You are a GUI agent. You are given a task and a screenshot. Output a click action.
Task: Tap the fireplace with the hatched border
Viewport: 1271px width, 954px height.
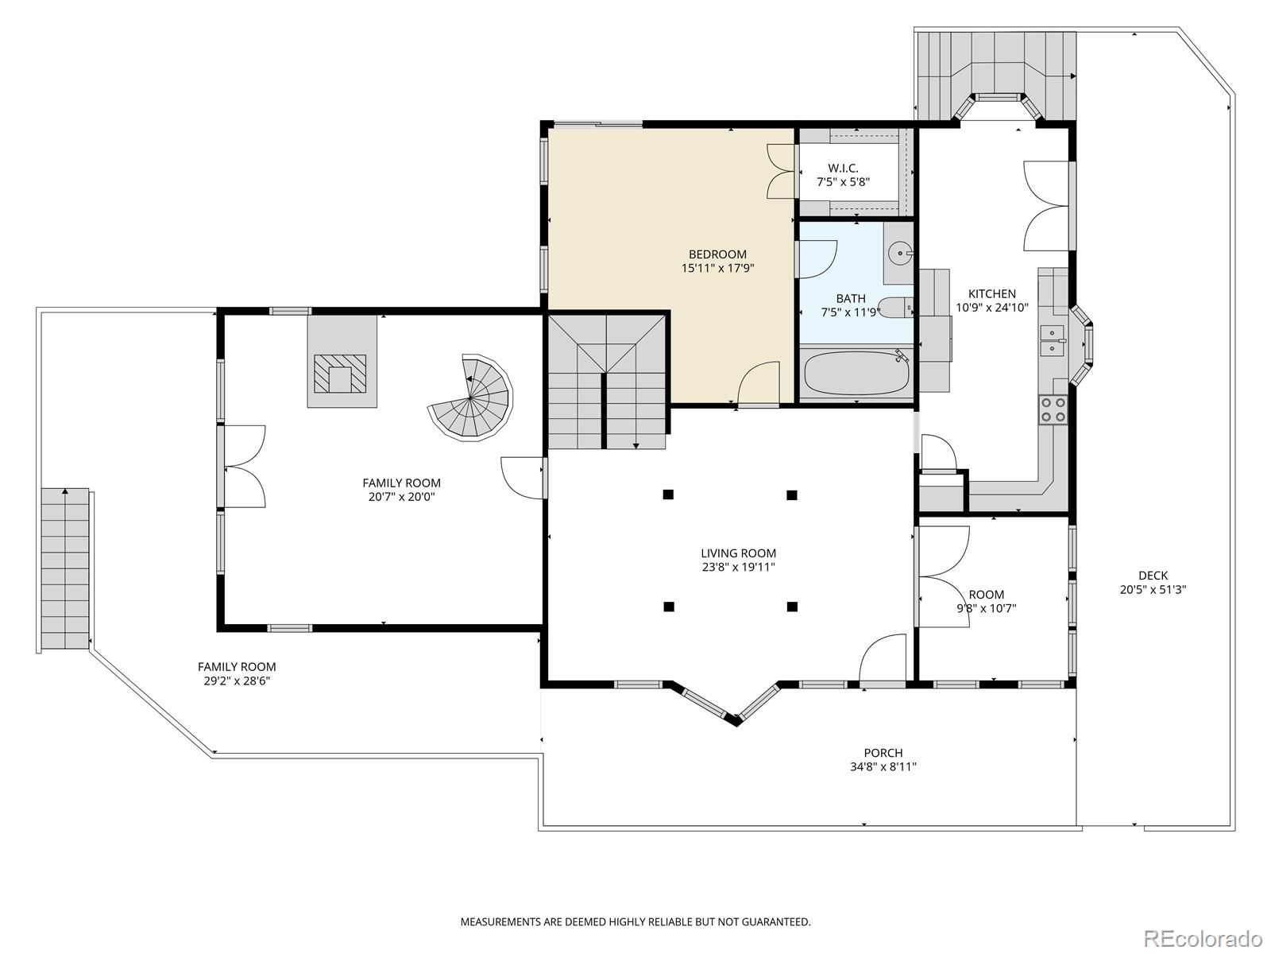[x=341, y=374]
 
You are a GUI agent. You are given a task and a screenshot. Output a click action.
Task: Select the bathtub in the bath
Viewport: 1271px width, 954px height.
[x=856, y=374]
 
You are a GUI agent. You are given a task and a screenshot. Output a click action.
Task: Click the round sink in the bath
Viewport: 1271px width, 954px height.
[x=899, y=255]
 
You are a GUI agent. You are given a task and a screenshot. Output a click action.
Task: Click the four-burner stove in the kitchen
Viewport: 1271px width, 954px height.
[x=1053, y=409]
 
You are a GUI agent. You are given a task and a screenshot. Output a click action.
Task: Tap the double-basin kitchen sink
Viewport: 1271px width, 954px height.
[x=1053, y=339]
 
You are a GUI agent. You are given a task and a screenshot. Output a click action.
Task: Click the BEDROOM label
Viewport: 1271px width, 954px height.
[x=717, y=254]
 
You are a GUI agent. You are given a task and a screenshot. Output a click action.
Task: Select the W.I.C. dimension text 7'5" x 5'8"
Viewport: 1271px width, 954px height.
[x=843, y=182]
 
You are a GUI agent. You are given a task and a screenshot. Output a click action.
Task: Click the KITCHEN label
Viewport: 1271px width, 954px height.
[x=991, y=293]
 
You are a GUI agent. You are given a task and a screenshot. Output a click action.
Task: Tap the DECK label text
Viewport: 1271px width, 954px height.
[x=1153, y=576]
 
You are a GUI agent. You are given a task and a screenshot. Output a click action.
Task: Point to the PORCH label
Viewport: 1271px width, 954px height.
[x=883, y=753]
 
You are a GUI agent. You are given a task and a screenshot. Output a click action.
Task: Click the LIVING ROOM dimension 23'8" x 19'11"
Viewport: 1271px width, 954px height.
[x=738, y=568]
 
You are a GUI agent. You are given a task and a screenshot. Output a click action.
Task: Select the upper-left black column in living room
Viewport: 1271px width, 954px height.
[x=668, y=494]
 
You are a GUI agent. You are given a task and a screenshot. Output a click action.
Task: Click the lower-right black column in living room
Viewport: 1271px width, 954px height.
[x=792, y=607]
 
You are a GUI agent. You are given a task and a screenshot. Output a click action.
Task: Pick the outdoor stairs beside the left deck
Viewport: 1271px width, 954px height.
[x=65, y=568]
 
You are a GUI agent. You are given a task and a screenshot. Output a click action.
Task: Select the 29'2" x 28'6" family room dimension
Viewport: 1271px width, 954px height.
[x=237, y=681]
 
